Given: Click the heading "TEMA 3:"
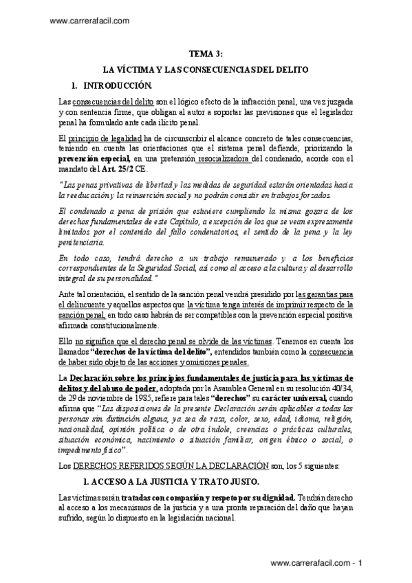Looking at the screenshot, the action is (206, 54).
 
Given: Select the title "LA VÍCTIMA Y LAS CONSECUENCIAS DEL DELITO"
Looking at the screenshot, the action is (206, 70).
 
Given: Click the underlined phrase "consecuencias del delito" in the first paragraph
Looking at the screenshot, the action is (106, 101).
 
